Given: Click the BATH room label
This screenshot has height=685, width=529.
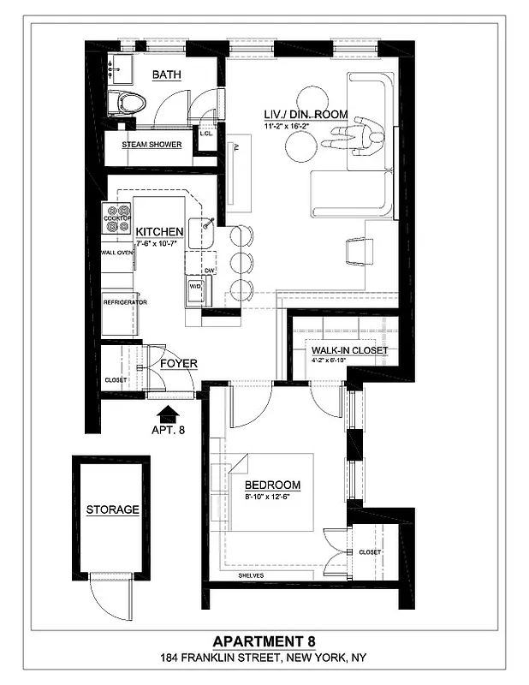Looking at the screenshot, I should (167, 75).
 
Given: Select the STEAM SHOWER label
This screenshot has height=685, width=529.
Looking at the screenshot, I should (152, 145).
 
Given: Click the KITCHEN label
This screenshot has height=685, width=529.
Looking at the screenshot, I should (160, 231).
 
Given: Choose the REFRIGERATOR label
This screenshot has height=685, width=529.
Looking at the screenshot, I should (125, 302).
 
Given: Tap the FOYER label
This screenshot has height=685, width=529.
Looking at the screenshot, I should (179, 364).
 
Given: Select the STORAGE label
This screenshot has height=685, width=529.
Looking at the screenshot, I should (112, 509).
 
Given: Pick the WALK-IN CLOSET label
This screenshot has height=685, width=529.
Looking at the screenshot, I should (349, 350).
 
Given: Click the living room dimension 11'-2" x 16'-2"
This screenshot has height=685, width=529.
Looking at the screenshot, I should (298, 126).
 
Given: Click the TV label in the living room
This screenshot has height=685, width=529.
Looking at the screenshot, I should (235, 148).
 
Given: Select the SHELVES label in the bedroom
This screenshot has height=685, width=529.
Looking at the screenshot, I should (252, 575).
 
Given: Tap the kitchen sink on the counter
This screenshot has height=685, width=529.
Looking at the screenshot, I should (205, 227).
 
